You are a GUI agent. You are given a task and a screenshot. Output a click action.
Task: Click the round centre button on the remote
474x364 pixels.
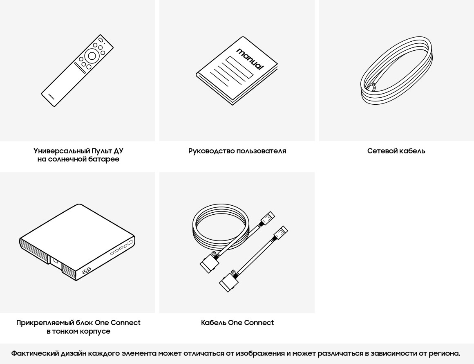point(92,56)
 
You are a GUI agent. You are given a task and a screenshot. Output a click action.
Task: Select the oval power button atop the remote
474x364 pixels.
point(95,45)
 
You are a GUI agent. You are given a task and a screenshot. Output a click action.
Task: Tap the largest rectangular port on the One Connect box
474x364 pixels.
point(130,243)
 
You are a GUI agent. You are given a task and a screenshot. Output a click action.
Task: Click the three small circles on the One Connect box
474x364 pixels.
point(86,271)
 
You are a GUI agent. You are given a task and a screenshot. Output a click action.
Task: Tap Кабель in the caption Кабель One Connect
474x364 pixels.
point(213,323)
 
